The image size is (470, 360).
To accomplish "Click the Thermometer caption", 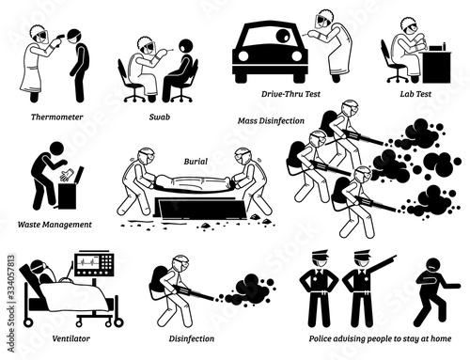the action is [x=57, y=117].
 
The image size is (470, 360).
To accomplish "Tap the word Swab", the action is [x=160, y=117].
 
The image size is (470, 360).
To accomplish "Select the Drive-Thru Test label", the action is [x=290, y=94].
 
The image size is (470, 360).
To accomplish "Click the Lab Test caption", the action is [x=415, y=94].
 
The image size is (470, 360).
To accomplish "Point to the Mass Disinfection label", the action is [x=271, y=120].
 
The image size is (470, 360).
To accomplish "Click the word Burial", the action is [x=196, y=162].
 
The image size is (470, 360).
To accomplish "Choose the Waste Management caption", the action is [x=55, y=225].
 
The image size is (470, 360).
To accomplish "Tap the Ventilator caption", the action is [x=71, y=338].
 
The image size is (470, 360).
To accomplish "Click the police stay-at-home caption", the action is [x=380, y=338].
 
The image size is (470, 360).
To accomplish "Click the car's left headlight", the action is [x=243, y=55].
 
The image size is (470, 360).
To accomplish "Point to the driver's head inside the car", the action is [x=283, y=36].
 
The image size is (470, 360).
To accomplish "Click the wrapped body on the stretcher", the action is [x=193, y=182].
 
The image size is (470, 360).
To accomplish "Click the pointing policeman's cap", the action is [x=362, y=254].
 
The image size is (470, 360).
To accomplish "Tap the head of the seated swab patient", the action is [x=185, y=47].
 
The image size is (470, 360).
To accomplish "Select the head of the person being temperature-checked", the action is [x=75, y=37].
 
